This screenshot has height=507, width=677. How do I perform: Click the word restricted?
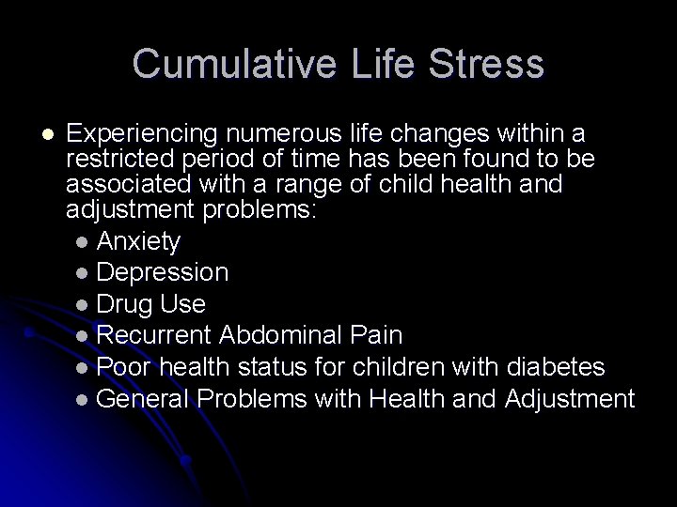coord(123,161)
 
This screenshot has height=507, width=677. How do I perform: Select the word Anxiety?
coord(138,241)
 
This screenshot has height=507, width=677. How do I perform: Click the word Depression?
coord(162,273)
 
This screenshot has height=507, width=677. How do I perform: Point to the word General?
coord(143,399)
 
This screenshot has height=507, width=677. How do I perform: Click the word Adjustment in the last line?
coord(570,399)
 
